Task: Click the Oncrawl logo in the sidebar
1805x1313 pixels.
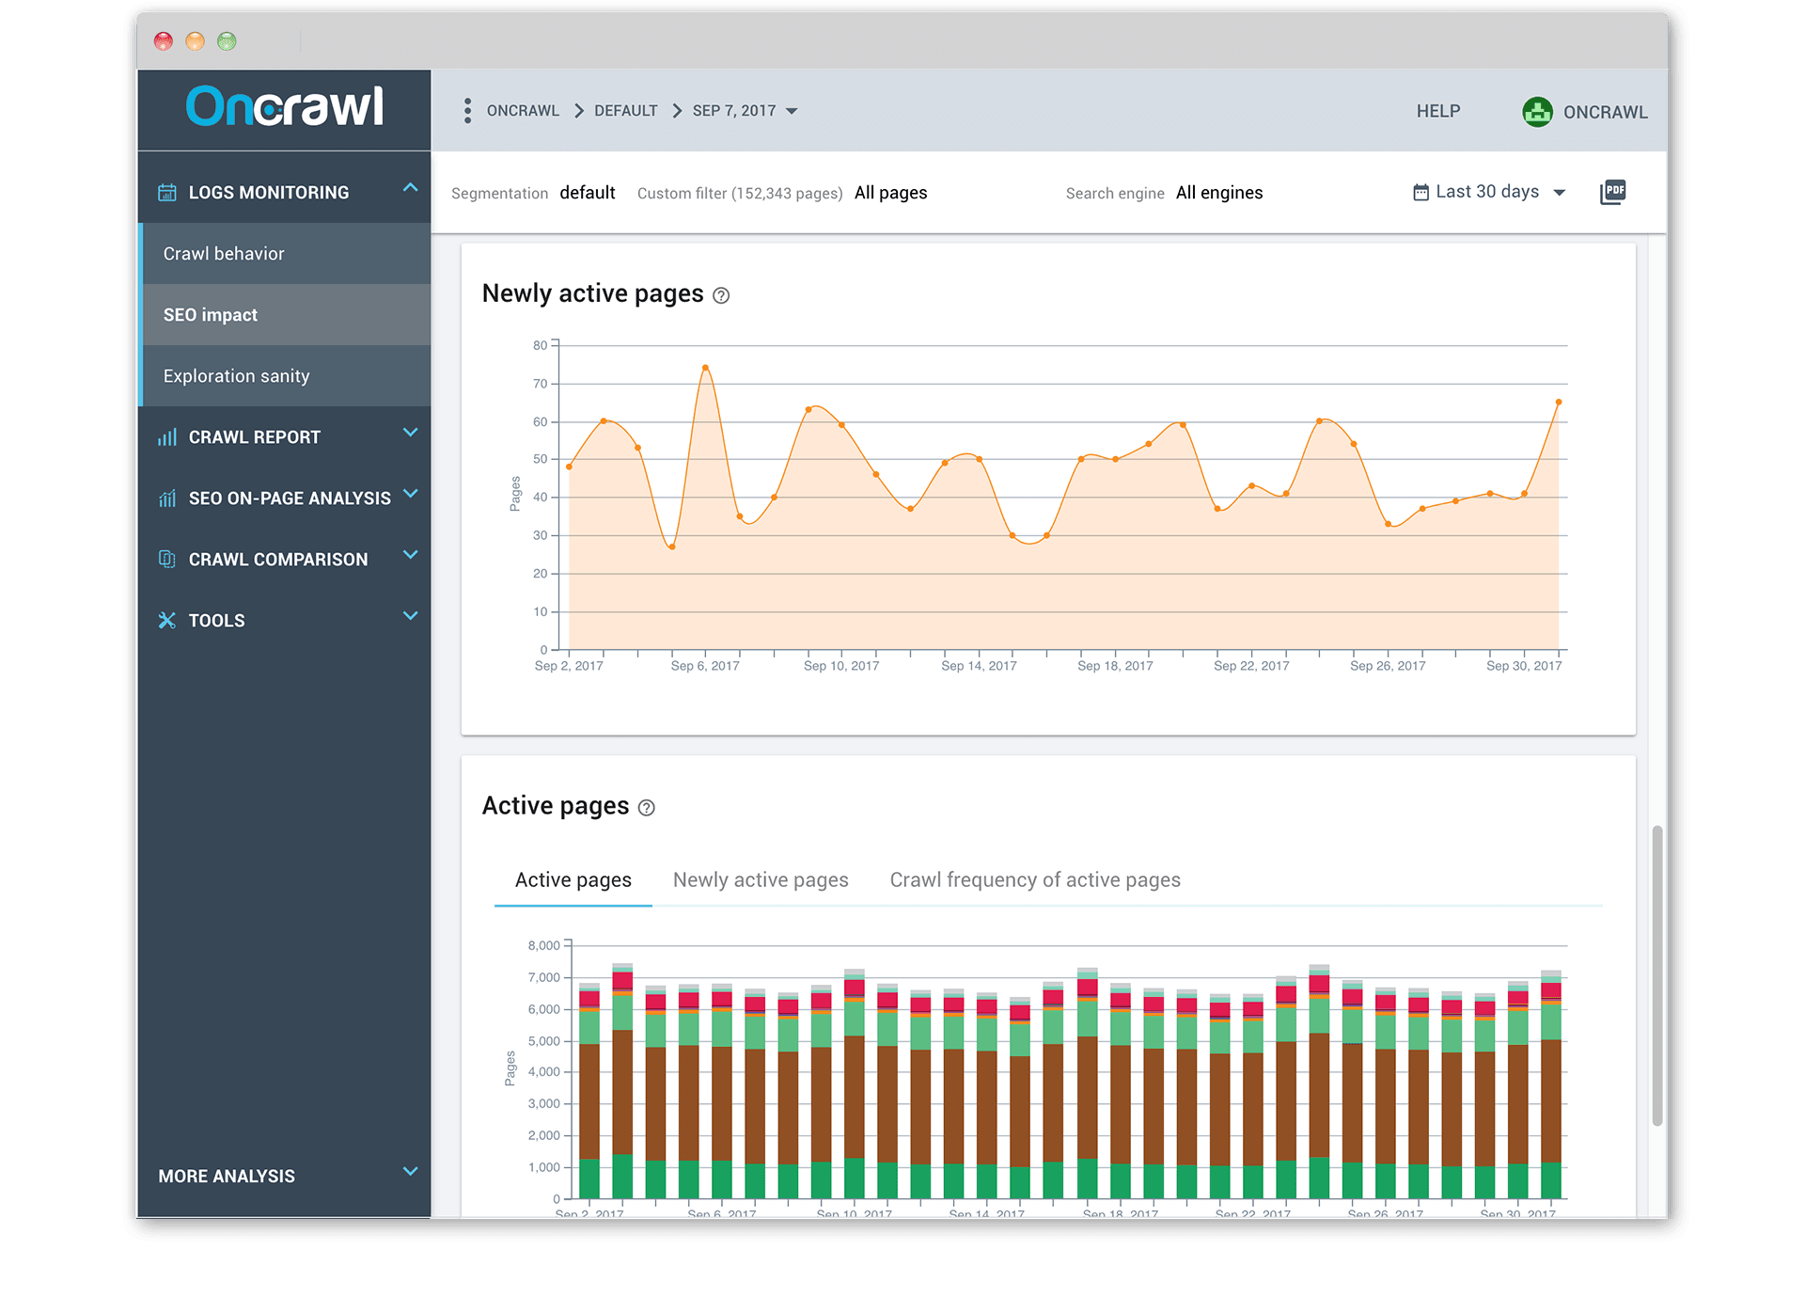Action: click(x=284, y=106)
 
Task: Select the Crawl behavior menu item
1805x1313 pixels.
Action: click(x=224, y=254)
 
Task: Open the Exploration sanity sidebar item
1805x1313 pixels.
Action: click(x=236, y=376)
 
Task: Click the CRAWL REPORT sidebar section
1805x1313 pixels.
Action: click(x=254, y=437)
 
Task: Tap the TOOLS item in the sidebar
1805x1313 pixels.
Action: click(x=216, y=621)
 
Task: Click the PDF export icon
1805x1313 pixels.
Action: click(x=1612, y=192)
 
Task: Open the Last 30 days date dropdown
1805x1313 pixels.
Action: click(x=1489, y=192)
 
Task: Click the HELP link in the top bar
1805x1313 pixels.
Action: click(x=1437, y=111)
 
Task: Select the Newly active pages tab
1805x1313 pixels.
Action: click(x=760, y=880)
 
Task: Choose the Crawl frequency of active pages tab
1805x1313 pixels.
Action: click(x=1034, y=880)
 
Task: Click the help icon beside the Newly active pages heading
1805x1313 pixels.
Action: click(x=721, y=295)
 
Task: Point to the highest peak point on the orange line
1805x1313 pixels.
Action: click(x=705, y=368)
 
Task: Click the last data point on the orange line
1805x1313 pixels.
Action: click(x=1558, y=403)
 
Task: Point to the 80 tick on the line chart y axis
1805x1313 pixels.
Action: click(x=540, y=345)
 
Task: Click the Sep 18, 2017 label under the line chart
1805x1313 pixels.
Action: click(x=1114, y=666)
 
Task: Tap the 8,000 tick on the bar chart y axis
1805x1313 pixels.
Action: click(x=543, y=945)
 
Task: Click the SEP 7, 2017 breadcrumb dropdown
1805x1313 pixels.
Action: click(x=745, y=111)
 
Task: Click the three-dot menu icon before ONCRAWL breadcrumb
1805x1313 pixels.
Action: click(x=467, y=111)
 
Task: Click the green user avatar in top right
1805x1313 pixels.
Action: click(x=1537, y=112)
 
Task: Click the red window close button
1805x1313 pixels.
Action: click(x=164, y=41)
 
